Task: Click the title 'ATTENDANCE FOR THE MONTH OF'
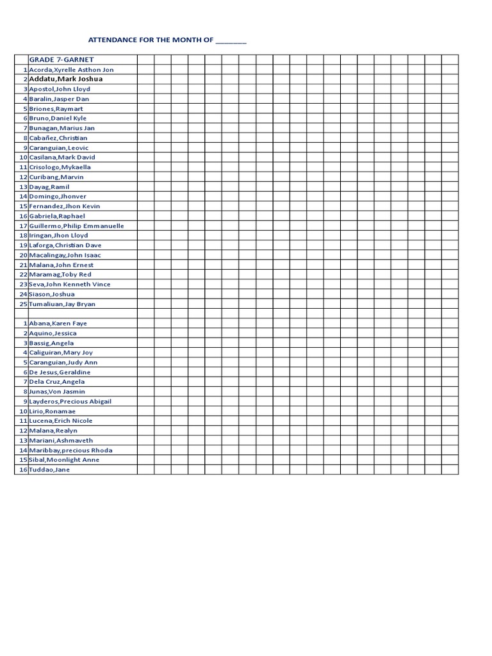coord(151,40)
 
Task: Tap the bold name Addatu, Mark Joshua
coord(66,79)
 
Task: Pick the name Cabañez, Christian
coord(58,138)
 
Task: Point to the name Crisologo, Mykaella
coord(60,167)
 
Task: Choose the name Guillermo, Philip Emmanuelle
coord(77,225)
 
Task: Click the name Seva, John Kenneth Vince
coord(70,284)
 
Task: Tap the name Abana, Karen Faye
coord(59,324)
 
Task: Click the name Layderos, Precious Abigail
coord(70,401)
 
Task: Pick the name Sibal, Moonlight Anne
coord(64,459)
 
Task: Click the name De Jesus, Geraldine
coord(60,372)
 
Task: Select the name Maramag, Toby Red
coord(60,274)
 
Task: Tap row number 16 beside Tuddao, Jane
coord(23,470)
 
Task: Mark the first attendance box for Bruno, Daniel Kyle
coord(145,118)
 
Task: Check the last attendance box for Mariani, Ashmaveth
coord(450,440)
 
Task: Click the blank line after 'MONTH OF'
coord(231,40)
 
